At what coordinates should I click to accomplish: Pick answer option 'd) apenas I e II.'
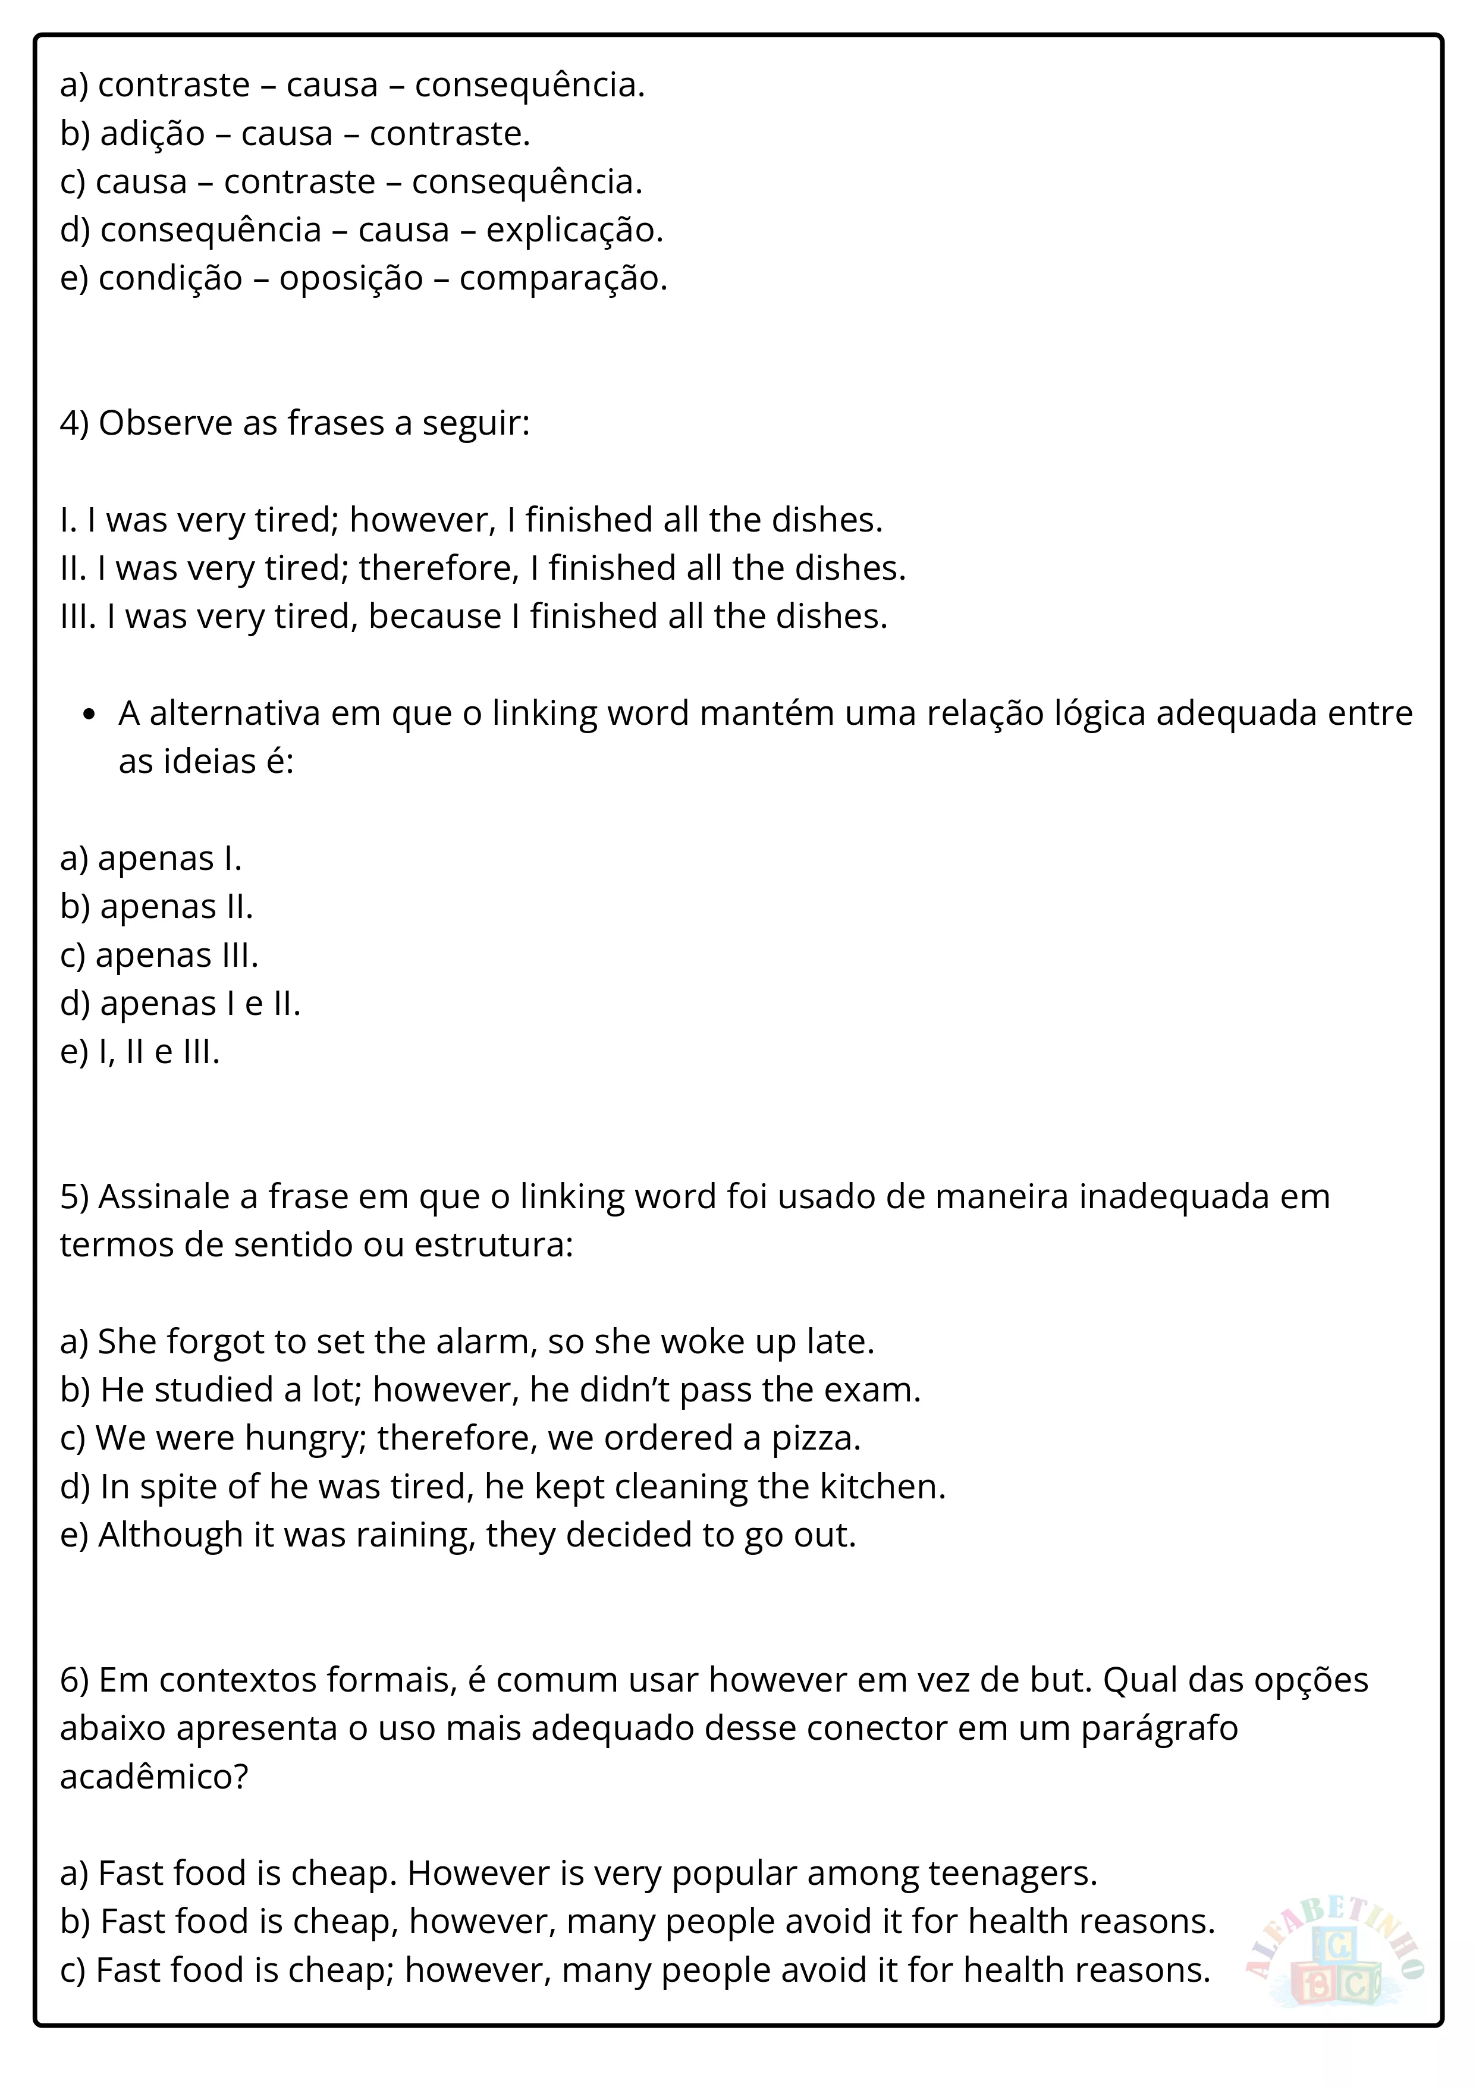180,1004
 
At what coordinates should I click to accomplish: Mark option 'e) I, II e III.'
140,1052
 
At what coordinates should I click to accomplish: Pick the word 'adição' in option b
153,134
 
